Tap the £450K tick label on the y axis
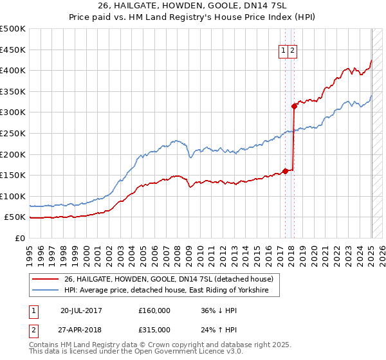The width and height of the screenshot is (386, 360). [13, 50]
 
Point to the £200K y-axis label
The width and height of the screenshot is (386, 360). [13, 154]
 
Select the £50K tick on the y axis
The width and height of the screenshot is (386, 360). [15, 217]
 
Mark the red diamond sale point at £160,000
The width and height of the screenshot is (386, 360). [285, 171]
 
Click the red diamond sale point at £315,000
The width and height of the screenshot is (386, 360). [294, 106]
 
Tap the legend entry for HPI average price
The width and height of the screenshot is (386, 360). [171, 291]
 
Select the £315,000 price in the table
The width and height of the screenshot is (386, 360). [154, 329]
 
